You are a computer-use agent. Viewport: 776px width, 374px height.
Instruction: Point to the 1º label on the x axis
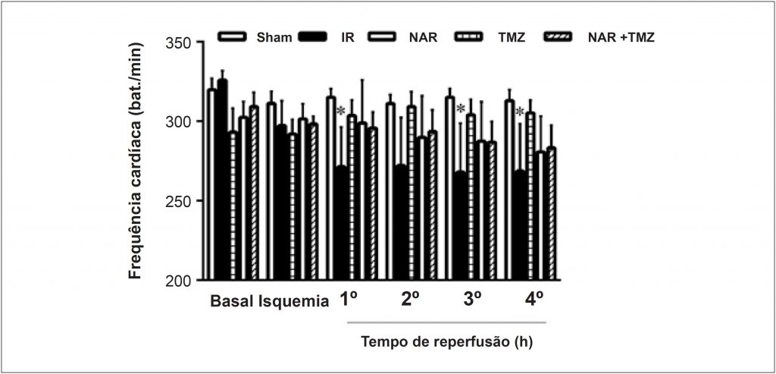coord(349,299)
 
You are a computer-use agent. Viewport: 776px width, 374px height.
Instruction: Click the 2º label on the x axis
coord(411,299)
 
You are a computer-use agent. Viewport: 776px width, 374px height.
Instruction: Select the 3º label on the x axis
coord(472,299)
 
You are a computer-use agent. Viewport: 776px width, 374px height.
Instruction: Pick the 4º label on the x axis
coord(533,299)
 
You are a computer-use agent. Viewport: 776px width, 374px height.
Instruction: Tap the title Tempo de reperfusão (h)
coord(446,341)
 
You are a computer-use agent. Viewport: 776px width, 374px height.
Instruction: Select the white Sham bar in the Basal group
coord(211,185)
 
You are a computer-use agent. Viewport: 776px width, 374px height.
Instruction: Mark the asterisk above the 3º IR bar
coord(460,108)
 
